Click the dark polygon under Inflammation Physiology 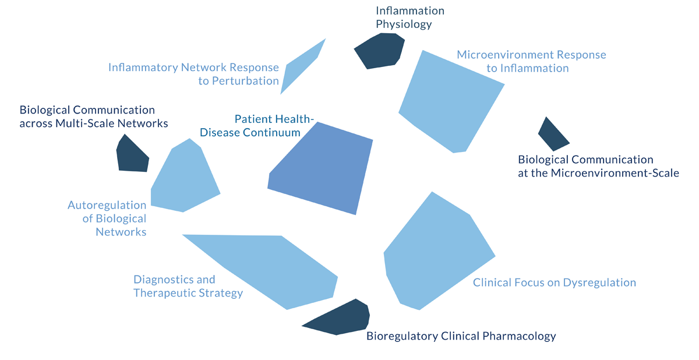[x=380, y=51]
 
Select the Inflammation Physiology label [x=409, y=17]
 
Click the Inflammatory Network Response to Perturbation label [x=193, y=74]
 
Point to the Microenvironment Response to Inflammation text [x=531, y=61]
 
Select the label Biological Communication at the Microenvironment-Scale [x=598, y=166]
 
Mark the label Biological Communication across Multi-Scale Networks [x=93, y=117]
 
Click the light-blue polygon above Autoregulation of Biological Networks [x=183, y=178]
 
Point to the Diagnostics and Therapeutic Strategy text [x=188, y=286]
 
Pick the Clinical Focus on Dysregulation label [x=554, y=283]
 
